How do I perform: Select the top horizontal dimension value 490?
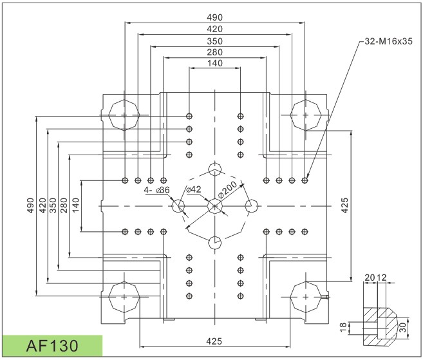pos(215,17)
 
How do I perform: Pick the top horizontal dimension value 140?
pos(215,63)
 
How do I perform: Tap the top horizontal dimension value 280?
pos(215,52)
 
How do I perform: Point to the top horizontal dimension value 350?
pos(215,40)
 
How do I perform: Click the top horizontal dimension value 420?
pos(215,29)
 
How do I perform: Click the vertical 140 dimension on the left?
pos(77,206)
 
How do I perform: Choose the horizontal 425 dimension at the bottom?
pos(215,341)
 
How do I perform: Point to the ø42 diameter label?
pos(194,189)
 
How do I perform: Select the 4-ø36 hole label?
pos(156,190)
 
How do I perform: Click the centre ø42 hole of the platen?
pos(215,206)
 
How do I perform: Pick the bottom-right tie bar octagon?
pos(306,298)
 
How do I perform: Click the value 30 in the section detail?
pos(403,327)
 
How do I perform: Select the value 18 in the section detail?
pos(343,327)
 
